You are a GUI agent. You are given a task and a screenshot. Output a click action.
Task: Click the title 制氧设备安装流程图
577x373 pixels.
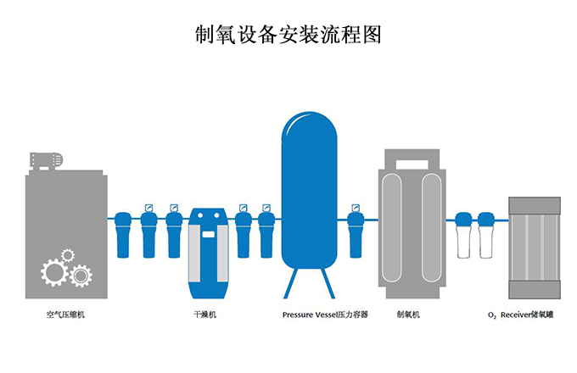pos(288,35)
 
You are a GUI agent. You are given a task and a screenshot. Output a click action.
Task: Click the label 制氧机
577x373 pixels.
pos(409,315)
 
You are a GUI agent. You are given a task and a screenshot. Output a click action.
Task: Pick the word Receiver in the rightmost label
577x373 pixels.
pos(514,315)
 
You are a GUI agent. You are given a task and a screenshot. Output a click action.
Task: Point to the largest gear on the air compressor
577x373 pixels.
pos(54,272)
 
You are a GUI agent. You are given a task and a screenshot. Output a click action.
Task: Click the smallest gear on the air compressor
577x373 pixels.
pos(68,254)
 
